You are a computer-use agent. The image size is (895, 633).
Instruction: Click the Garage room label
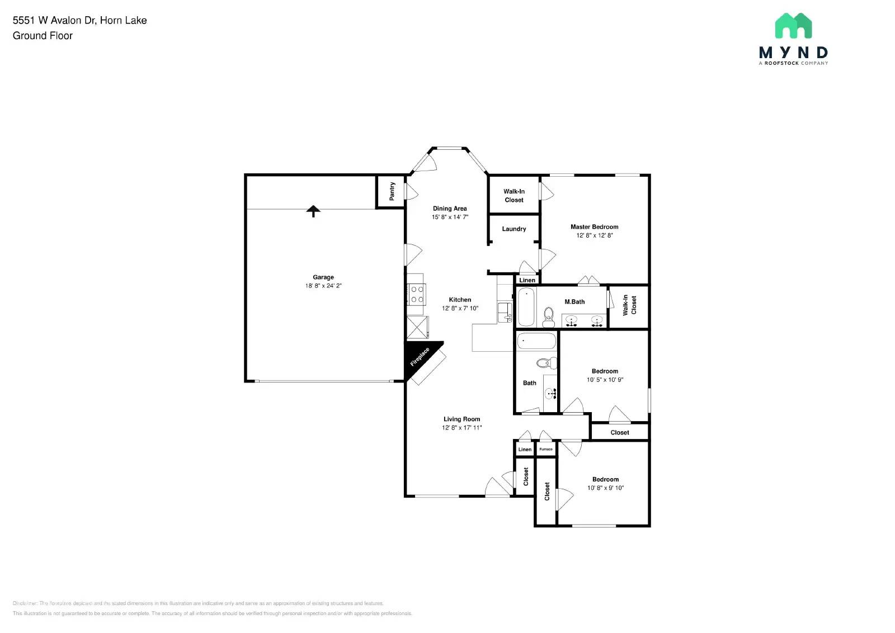click(323, 277)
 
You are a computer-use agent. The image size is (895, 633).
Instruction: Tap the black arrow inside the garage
click(313, 211)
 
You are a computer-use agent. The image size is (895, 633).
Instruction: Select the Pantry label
click(392, 191)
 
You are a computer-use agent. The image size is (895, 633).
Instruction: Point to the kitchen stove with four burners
click(417, 295)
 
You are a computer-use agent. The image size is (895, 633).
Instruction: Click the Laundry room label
click(514, 229)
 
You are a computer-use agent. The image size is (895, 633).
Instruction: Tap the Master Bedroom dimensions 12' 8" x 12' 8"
click(594, 235)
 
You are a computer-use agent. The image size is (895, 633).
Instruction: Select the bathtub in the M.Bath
click(526, 306)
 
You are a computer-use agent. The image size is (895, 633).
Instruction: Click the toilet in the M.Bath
click(548, 317)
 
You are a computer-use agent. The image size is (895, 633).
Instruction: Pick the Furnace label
click(546, 449)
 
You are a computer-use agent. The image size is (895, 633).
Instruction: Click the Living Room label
click(461, 419)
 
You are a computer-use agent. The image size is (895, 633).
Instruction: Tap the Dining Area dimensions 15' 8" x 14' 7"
click(450, 217)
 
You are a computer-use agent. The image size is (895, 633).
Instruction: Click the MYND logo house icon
click(793, 26)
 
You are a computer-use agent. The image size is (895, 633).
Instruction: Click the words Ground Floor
click(43, 36)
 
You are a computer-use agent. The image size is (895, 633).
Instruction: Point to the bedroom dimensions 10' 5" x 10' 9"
click(605, 380)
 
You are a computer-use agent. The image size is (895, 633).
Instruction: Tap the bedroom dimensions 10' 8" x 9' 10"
click(605, 488)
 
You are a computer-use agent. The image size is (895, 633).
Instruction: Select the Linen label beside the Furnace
click(525, 449)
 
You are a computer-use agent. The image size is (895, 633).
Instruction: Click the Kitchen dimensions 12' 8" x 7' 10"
click(460, 308)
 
